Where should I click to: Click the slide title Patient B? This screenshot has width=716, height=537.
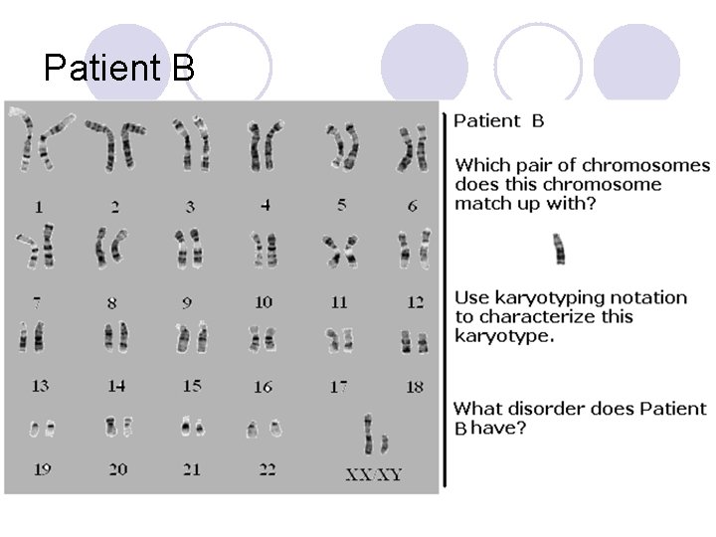(x=119, y=69)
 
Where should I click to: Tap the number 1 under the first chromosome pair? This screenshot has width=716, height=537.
(x=39, y=207)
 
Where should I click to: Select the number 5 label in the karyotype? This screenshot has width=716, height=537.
(x=342, y=204)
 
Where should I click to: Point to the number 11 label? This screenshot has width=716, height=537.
(x=339, y=302)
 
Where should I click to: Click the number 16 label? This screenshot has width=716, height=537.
(x=264, y=386)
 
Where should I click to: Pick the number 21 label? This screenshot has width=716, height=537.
(x=192, y=469)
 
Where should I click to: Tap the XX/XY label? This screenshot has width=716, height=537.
(x=374, y=474)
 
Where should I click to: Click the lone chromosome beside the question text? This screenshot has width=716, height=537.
(x=559, y=248)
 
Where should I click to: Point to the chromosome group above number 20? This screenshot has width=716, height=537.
(x=116, y=427)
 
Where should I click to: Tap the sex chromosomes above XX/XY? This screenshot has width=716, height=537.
(x=375, y=436)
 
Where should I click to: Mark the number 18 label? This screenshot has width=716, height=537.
(x=415, y=386)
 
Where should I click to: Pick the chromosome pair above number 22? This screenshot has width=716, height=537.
(x=264, y=429)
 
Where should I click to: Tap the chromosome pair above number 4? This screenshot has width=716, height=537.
(x=264, y=146)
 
